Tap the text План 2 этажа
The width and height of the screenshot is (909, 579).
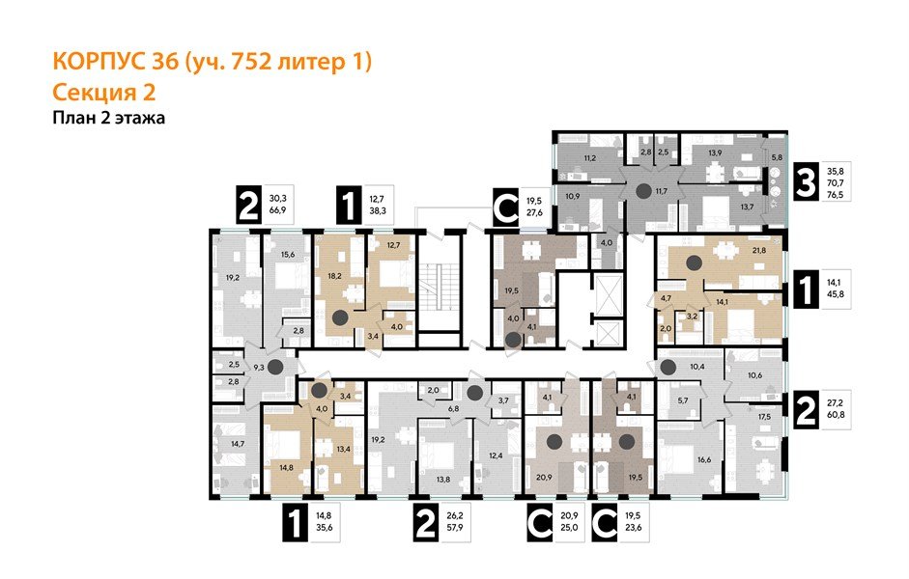click(109, 119)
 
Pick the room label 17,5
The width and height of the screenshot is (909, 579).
click(764, 417)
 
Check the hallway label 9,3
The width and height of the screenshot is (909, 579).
click(260, 367)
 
